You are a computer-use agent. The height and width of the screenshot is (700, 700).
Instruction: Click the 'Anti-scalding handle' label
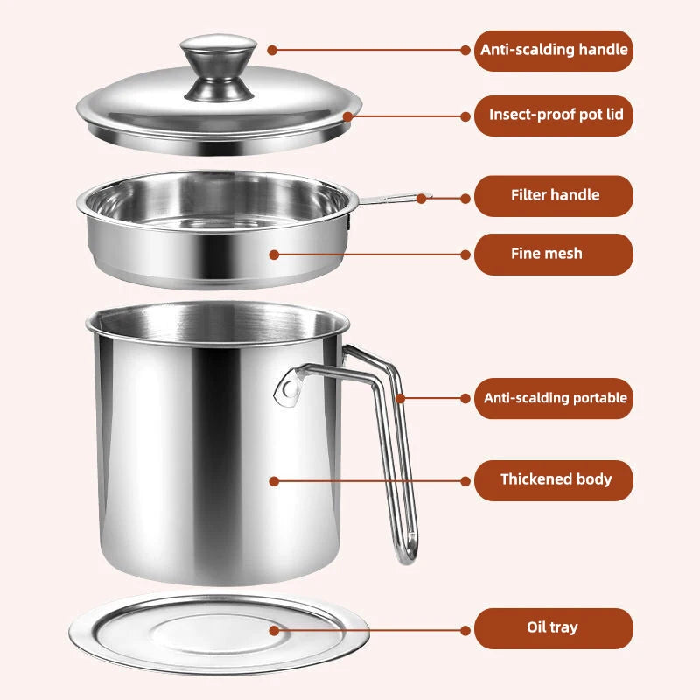[553, 50]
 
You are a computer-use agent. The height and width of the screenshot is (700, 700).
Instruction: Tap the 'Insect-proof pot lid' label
[553, 115]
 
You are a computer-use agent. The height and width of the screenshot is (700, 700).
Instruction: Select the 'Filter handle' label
[553, 195]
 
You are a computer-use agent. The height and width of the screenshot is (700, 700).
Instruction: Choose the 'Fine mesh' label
[553, 254]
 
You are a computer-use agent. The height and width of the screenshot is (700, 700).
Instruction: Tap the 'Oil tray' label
[553, 627]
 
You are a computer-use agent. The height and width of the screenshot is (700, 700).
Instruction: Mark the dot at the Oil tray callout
[274, 629]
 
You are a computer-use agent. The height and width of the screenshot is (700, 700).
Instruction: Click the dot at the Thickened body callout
[274, 480]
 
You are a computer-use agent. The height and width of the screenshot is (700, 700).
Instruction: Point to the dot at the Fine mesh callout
[274, 255]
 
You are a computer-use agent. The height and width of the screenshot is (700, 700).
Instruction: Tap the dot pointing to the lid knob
[272, 51]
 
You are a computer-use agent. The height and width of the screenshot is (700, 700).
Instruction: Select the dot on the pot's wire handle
[400, 399]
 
